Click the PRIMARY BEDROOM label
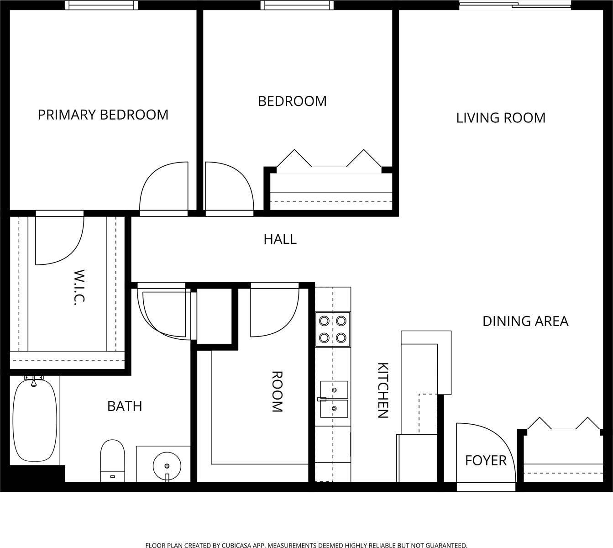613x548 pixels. pos(103,115)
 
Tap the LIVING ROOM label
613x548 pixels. pos(501,118)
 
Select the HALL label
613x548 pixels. pos(280,239)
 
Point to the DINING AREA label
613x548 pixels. pos(525,321)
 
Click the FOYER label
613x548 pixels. pos(486,460)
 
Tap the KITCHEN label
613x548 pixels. pos(383,390)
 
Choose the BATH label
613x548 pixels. pos(125,406)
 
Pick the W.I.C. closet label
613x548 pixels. pos(79,287)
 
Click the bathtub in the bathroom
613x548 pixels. pos(35,420)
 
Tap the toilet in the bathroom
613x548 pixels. pos(113,460)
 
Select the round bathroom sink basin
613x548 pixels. pos(167,466)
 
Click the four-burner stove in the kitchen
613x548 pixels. pos(333,329)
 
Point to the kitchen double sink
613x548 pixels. pos(334,399)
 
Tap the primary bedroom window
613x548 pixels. pos(101,5)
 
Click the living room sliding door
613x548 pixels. pos(515,5)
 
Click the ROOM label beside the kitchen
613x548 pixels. pos(277,391)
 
